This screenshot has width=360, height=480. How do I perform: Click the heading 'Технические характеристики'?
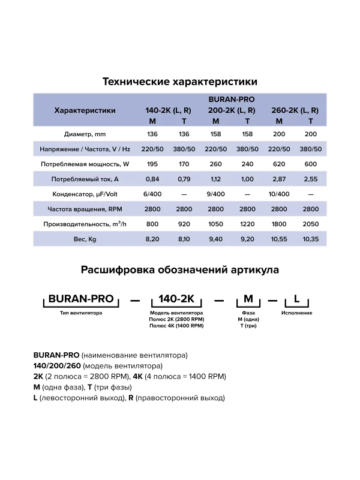(180, 81)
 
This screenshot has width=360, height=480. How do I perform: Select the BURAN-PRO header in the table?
(232, 100)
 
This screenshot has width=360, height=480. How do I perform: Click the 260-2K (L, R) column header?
(295, 110)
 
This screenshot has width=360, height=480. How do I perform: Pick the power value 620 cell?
(279, 164)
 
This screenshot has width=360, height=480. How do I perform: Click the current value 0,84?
(152, 179)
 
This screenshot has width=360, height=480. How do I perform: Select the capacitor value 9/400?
(215, 194)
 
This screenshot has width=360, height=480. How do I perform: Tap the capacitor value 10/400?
(279, 194)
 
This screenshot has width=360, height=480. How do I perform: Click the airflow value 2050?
(311, 224)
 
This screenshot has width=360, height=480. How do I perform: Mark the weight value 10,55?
(279, 239)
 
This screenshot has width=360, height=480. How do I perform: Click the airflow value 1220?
(247, 224)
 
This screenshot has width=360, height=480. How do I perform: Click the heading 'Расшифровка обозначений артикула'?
(180, 270)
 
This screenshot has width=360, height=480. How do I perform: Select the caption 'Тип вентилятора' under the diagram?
(77, 313)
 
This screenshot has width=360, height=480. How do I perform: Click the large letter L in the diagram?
(296, 298)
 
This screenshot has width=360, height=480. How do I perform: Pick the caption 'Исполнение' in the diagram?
(296, 313)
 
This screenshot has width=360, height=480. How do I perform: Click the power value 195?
(152, 164)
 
